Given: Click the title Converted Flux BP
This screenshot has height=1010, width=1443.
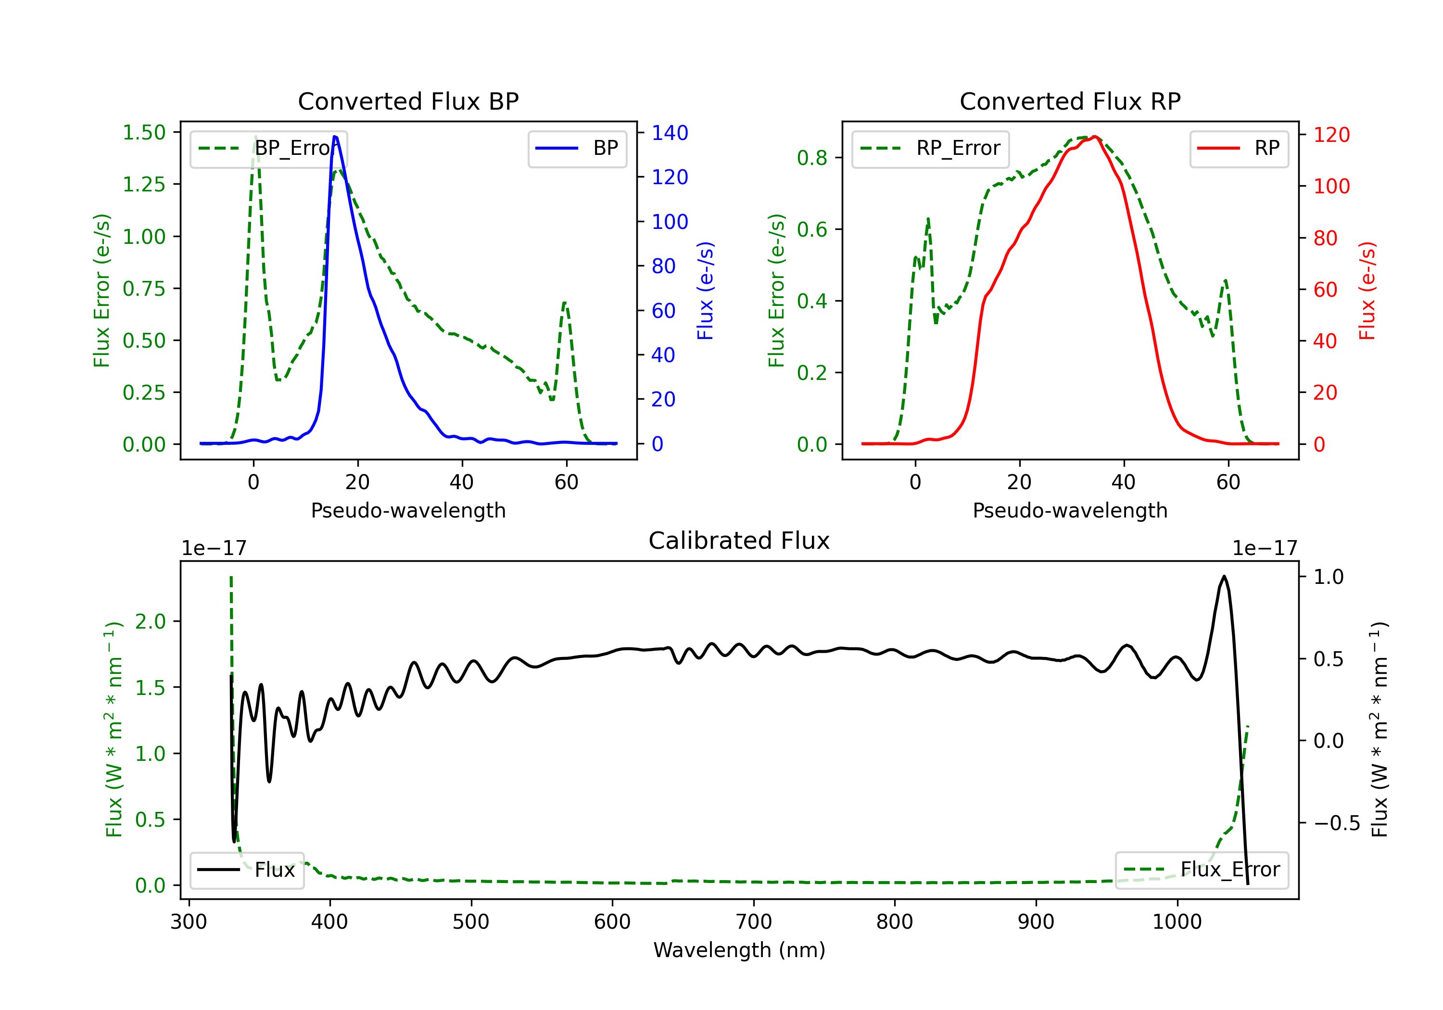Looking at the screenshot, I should (408, 101).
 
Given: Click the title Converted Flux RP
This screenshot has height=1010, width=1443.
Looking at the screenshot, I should (1070, 101).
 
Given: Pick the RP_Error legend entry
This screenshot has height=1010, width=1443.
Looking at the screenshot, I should (930, 148).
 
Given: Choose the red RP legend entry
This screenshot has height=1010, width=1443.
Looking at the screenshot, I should (1239, 148).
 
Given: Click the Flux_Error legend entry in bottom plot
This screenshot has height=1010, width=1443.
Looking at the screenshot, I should (1202, 870).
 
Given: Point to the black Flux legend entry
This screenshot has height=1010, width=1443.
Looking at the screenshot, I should (247, 870).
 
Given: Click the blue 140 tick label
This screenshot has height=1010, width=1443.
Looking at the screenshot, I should (670, 133).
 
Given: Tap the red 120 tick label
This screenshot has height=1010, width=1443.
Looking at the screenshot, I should (1331, 135).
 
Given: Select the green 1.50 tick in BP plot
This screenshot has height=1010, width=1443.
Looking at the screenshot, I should (144, 133).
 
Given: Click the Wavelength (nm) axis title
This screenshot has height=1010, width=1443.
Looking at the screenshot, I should (739, 950).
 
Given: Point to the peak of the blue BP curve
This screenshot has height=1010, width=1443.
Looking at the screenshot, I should (335, 137).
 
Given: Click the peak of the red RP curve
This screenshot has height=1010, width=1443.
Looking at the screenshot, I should (1094, 137).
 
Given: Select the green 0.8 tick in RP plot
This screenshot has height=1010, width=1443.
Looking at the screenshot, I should (811, 158).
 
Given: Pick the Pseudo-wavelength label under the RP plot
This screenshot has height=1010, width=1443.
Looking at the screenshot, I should (1070, 510).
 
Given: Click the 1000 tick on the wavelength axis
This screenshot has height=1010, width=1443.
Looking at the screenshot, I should (1177, 922).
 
